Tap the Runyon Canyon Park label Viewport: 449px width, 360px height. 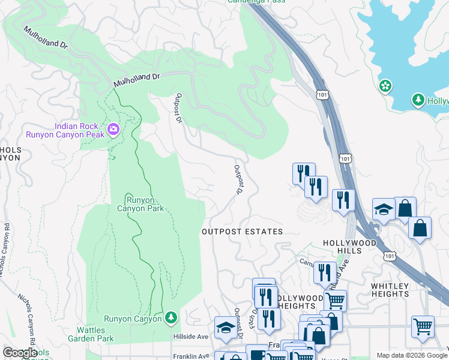(145, 204)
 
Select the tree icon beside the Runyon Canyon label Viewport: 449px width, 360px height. (171, 317)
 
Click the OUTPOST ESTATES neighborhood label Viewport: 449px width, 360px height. (242, 231)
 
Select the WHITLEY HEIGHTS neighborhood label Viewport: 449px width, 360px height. (390, 290)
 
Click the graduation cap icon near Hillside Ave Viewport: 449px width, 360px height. (226, 326)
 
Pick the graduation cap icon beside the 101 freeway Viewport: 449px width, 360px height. (383, 209)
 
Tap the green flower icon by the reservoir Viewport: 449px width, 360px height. (385, 86)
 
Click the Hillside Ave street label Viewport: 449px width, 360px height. (191, 337)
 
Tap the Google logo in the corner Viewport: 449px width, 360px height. (20, 353)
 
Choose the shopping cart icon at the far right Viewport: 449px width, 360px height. (423, 328)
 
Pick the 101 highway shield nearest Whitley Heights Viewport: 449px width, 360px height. (390, 256)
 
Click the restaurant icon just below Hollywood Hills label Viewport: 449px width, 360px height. (325, 272)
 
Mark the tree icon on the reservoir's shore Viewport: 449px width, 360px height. (418, 100)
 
